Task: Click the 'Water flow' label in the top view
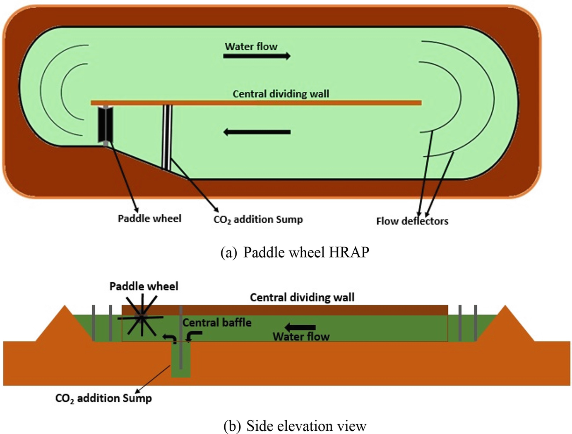click(x=251, y=46)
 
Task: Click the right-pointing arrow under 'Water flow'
click(x=257, y=56)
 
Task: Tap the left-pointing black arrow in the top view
click(x=257, y=132)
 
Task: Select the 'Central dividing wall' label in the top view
click(x=281, y=94)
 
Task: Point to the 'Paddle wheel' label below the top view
click(x=149, y=218)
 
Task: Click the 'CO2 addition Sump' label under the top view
click(x=258, y=219)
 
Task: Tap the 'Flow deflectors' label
click(x=412, y=221)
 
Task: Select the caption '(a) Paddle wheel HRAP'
click(x=295, y=252)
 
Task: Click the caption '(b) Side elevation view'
click(x=295, y=426)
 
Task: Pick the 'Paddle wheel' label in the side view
click(x=144, y=286)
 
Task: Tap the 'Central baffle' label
click(x=217, y=322)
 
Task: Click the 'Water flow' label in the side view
click(x=301, y=336)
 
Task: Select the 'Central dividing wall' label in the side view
click(x=302, y=297)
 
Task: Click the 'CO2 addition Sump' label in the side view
click(x=103, y=398)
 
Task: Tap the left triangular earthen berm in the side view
click(x=65, y=327)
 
